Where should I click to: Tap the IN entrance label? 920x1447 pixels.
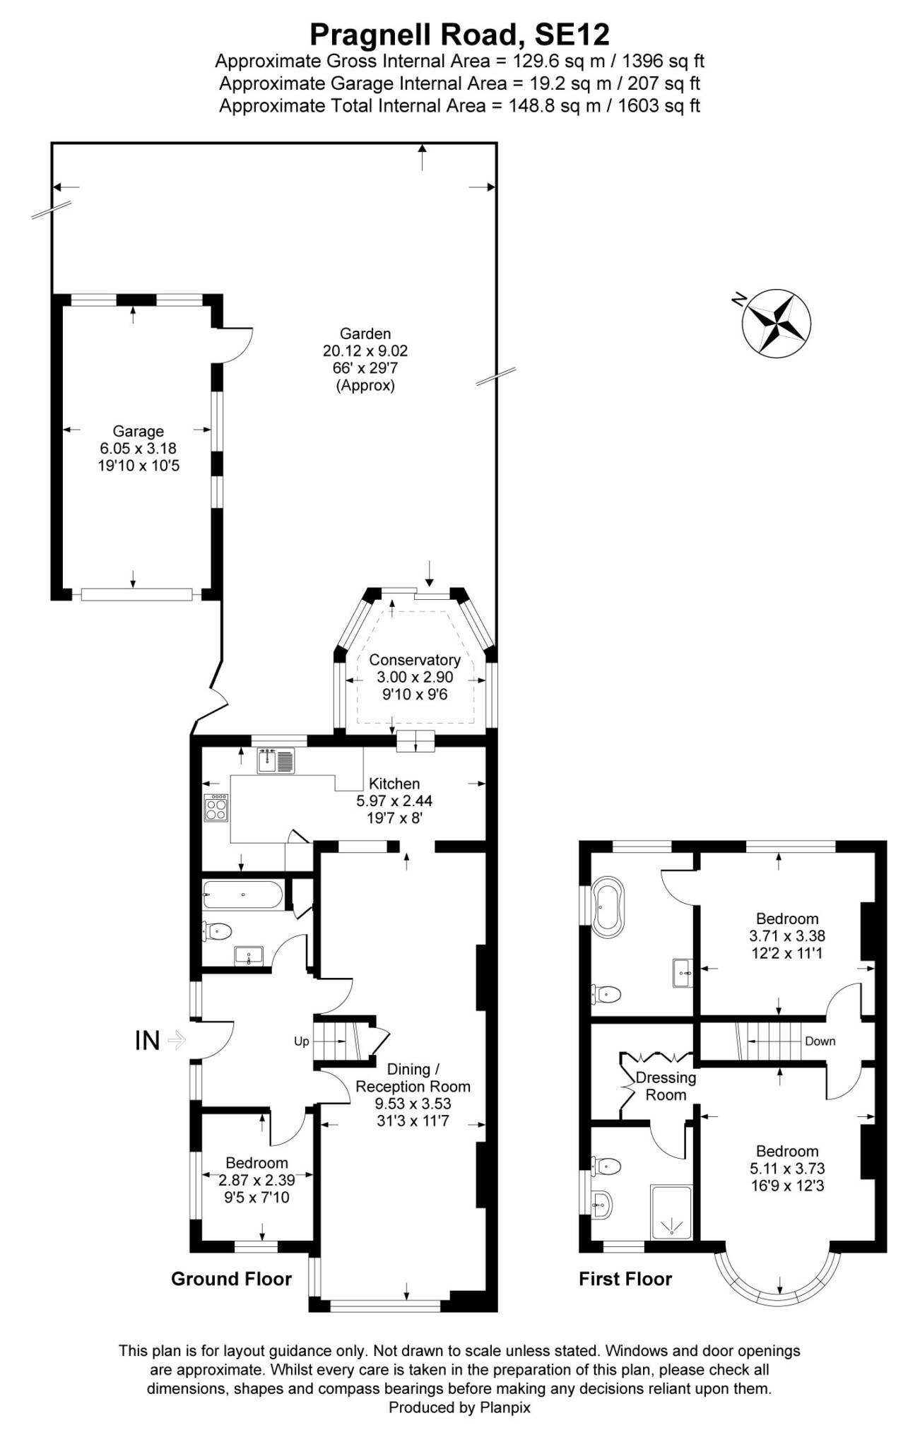[x=147, y=1040]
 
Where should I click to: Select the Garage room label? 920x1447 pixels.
[x=138, y=431]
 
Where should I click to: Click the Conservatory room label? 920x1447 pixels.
[x=415, y=660]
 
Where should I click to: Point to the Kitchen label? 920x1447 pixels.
[x=394, y=784]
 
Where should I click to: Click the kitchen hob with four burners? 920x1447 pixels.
[x=216, y=808]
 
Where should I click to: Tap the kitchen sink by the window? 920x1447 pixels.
[x=276, y=760]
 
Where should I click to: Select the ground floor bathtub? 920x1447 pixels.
[x=243, y=894]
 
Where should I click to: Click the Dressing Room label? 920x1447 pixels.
[x=666, y=1086]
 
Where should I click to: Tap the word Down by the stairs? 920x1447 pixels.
[x=820, y=1041]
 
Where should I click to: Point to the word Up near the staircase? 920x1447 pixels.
[x=302, y=1041]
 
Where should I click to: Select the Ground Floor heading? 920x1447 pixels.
[x=231, y=1278]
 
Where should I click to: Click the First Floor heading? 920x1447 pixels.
[x=625, y=1278]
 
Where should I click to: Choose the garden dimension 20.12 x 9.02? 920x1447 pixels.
[x=365, y=350]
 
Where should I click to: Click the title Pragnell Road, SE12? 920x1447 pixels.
[x=459, y=34]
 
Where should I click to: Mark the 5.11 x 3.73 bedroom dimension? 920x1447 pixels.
[x=786, y=1168]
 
